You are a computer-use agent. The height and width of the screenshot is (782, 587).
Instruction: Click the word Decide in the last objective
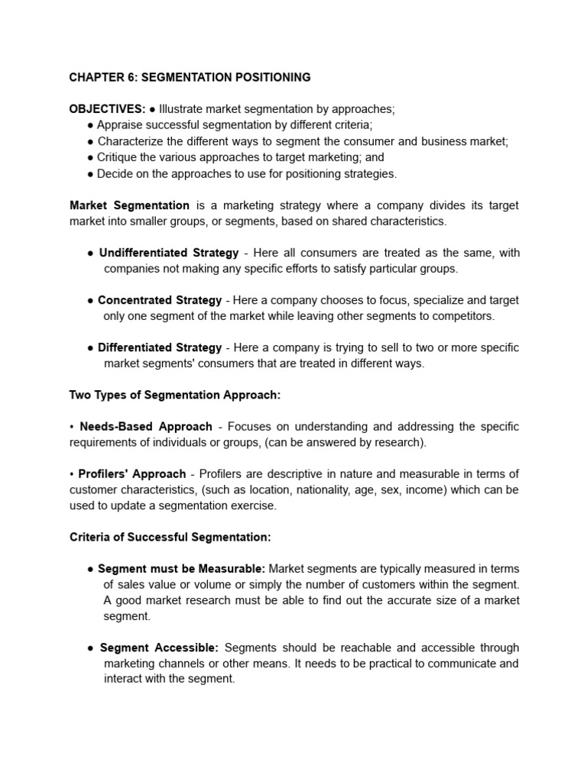pyautogui.click(x=115, y=173)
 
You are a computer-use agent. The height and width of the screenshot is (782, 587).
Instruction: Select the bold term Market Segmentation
pyautogui.click(x=129, y=205)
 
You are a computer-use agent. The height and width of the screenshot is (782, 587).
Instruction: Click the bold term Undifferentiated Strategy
pyautogui.click(x=169, y=253)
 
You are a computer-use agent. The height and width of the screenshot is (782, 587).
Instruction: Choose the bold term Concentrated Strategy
pyautogui.click(x=160, y=300)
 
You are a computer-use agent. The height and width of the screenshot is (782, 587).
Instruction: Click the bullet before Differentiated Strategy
pyautogui.click(x=90, y=347)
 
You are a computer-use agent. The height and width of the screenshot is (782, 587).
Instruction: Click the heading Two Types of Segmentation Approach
pyautogui.click(x=175, y=395)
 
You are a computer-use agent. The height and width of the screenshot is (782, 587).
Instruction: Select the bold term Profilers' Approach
pyautogui.click(x=132, y=473)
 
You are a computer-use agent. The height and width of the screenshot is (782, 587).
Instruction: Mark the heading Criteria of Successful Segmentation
pyautogui.click(x=170, y=537)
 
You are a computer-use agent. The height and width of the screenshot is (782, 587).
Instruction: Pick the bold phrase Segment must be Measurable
pyautogui.click(x=182, y=569)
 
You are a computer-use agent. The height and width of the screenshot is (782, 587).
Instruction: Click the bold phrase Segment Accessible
pyautogui.click(x=159, y=648)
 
